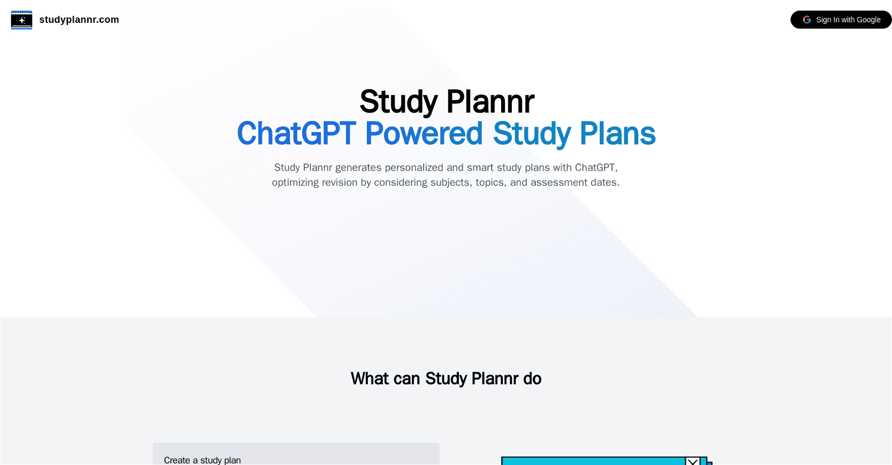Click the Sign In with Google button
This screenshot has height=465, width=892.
click(x=841, y=20)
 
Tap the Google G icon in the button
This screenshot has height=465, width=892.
click(x=807, y=20)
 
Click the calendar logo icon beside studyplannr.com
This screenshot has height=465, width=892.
click(x=22, y=20)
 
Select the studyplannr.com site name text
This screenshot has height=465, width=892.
click(x=79, y=20)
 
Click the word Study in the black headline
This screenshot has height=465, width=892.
click(x=398, y=102)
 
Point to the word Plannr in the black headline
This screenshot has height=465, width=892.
click(x=490, y=102)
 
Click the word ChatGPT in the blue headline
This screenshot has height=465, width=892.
click(x=296, y=134)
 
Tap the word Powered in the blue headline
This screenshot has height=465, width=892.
click(x=424, y=134)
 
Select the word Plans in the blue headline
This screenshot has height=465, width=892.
click(x=617, y=134)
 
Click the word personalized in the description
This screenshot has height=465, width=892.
click(x=414, y=167)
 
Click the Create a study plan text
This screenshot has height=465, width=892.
click(x=202, y=460)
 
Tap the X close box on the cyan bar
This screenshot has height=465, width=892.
click(x=692, y=461)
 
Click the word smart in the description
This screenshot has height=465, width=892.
click(x=480, y=167)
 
